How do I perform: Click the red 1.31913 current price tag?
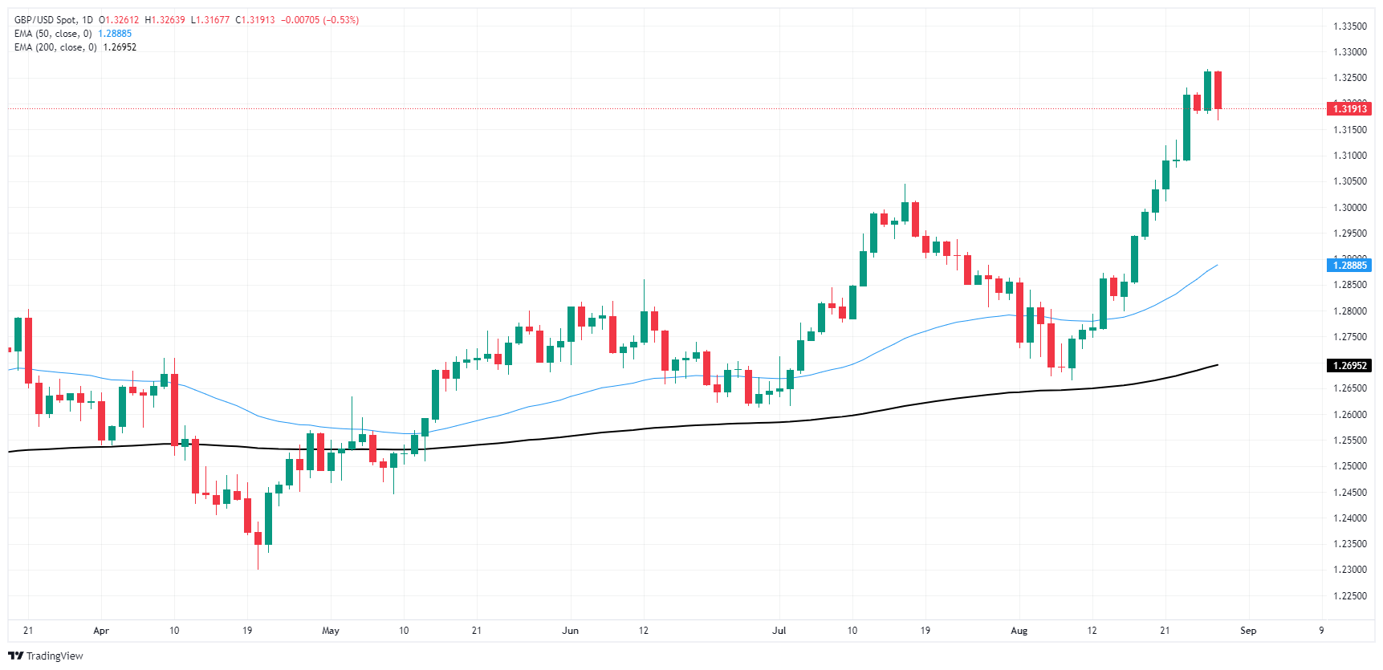(x=1349, y=108)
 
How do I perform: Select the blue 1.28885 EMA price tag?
(x=1349, y=265)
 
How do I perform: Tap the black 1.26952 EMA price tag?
(x=1349, y=365)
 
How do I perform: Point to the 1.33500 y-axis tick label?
(x=1349, y=26)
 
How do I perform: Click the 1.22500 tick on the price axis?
(x=1349, y=595)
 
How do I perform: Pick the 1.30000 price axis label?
(x=1349, y=207)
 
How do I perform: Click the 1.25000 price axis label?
(x=1349, y=466)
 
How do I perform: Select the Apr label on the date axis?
(x=101, y=631)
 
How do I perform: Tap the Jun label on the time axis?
(x=570, y=631)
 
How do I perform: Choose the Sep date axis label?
(x=1248, y=631)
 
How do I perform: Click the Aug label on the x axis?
(x=1019, y=631)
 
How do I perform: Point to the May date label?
(x=331, y=631)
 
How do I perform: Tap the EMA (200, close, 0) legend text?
(x=55, y=47)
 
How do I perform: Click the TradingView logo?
(x=46, y=656)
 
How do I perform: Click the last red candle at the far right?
(x=1218, y=90)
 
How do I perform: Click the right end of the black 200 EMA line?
(x=1217, y=365)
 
